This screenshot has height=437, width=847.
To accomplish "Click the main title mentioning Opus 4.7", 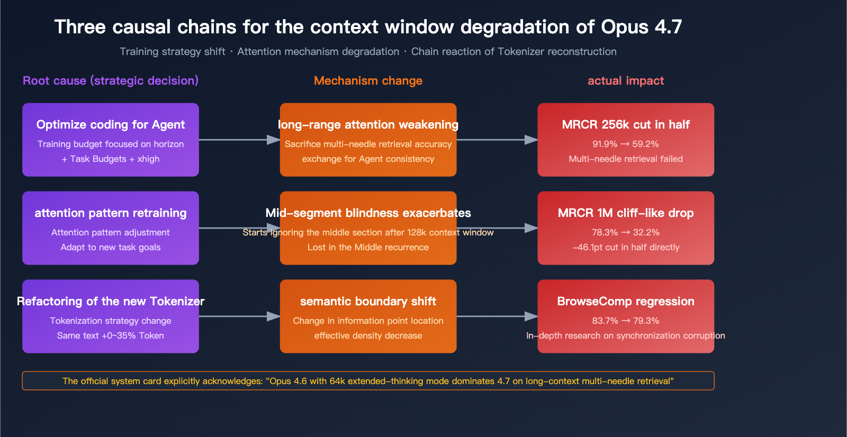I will pos(368,27).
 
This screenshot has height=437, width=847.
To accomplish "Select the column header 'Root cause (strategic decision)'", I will pos(111,80).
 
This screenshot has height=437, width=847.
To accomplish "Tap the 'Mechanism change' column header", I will pos(368,80).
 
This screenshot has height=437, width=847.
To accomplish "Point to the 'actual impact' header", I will pos(625,80).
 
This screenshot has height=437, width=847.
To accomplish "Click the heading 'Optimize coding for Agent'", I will pos(111,124).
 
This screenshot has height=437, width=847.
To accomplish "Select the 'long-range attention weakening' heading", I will pos(368,124).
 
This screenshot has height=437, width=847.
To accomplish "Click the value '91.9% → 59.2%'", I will pos(625,144).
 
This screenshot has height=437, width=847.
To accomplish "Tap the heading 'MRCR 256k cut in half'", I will pos(625,124).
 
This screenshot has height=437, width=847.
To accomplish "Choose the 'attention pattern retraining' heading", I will pos(111,213).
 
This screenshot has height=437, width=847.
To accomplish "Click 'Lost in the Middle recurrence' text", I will pos(368,247).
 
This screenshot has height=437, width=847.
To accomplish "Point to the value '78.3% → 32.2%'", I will pos(625,232).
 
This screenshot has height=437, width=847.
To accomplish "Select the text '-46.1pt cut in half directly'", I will pos(625,247).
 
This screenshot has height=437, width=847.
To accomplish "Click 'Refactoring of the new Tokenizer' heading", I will pos(111,301).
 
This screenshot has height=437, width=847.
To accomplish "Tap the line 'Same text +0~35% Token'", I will pos(111,335).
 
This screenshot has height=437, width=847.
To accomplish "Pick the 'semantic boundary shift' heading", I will pos(368,301).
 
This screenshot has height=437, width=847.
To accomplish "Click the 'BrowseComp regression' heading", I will pos(625,301).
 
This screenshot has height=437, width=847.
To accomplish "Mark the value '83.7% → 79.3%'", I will pos(625,321).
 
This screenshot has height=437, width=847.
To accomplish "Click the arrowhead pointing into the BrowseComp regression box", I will pos(531,316).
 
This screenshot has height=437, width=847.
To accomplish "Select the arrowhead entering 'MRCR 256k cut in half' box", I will pos(531,140).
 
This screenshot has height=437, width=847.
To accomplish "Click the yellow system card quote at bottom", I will pos(368,381).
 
